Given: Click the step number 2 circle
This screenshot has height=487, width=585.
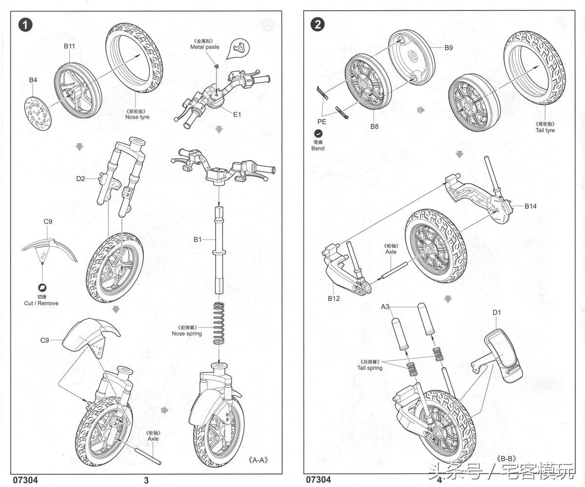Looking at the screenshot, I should pyautogui.click(x=317, y=25).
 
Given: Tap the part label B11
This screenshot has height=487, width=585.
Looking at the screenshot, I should pyautogui.click(x=69, y=46).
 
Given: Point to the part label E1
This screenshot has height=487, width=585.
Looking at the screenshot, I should pyautogui.click(x=237, y=115).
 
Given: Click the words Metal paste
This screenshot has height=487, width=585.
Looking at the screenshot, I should pyautogui.click(x=205, y=47).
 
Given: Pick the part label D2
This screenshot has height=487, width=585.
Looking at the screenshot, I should pyautogui.click(x=80, y=179).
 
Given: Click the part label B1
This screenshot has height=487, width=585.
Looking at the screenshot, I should pyautogui.click(x=197, y=239).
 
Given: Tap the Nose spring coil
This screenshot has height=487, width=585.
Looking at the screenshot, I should pyautogui.click(x=219, y=323).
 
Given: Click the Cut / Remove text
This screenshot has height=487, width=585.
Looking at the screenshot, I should pyautogui.click(x=41, y=303).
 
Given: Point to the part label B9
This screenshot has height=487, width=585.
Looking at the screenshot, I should pyautogui.click(x=448, y=48).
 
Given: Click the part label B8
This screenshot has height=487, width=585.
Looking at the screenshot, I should pyautogui.click(x=374, y=126).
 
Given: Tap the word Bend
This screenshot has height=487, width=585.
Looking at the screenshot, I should pyautogui.click(x=318, y=148).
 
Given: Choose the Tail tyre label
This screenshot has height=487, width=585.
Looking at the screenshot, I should pyautogui.click(x=545, y=130).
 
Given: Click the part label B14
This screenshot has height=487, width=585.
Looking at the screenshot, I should pyautogui.click(x=530, y=206).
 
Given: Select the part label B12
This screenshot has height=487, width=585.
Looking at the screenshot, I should pyautogui.click(x=333, y=298).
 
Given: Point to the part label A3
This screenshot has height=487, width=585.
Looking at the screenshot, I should pyautogui.click(x=385, y=307).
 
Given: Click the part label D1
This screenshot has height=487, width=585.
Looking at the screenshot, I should pyautogui.click(x=497, y=312).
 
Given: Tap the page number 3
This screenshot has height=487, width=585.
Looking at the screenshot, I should pyautogui.click(x=146, y=480).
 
